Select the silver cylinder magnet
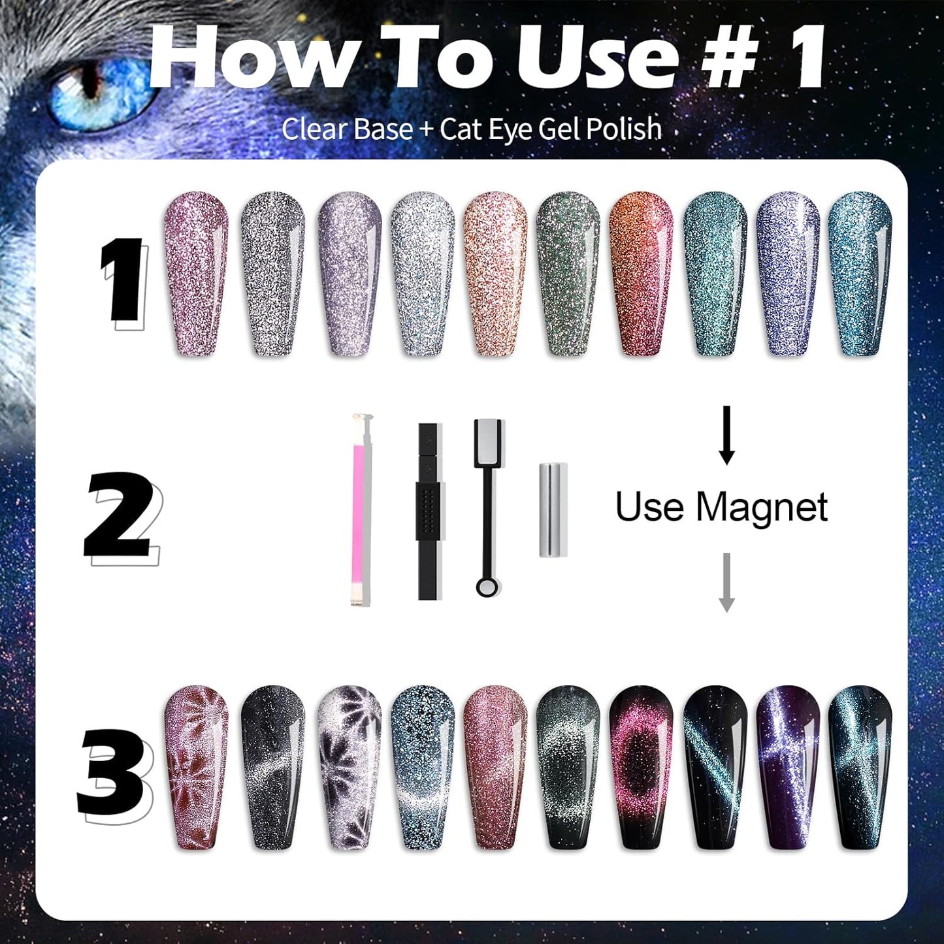coord(553,510)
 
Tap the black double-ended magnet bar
coord(429,510)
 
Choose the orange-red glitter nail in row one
coord(640,274)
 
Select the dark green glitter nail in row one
coord(568,274)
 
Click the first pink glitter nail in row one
coord(195,274)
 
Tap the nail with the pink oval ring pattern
coord(640,767)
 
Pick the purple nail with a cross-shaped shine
coord(788,767)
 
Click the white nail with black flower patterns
coord(349,767)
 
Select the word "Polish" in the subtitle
coord(623,129)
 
